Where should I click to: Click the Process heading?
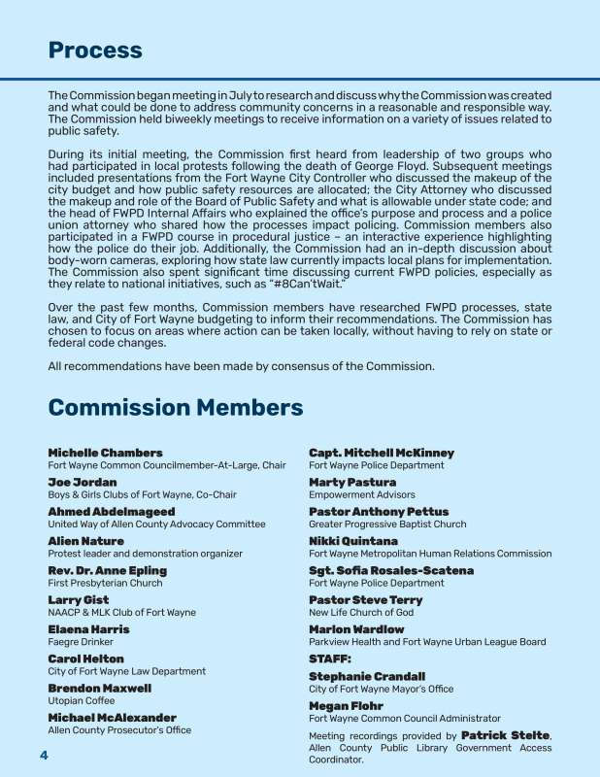click(95, 51)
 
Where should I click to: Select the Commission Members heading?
click(175, 407)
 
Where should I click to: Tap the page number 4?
click(44, 756)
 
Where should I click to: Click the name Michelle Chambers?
click(105, 454)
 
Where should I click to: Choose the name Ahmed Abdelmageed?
click(112, 512)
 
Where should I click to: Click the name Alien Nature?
click(86, 541)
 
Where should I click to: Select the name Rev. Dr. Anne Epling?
click(107, 570)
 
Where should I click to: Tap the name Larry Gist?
click(79, 600)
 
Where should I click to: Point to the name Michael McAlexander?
click(112, 718)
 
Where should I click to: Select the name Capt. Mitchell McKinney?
click(381, 454)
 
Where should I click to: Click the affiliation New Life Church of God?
click(361, 613)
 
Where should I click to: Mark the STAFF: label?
click(329, 659)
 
